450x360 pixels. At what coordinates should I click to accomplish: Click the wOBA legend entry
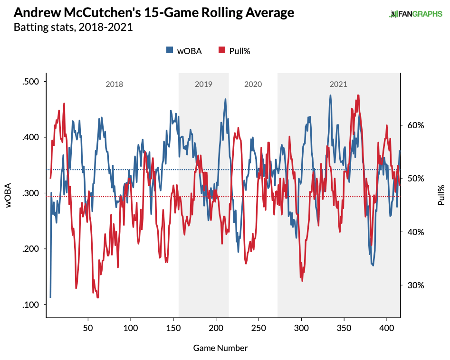pos(184,51)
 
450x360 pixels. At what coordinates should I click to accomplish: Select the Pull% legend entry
pos(234,51)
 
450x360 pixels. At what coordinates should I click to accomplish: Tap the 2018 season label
pos(114,85)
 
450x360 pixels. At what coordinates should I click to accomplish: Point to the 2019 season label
pos(203,85)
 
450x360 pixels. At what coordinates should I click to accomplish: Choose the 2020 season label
pos(253,85)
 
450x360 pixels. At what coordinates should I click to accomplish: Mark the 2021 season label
pos(338,85)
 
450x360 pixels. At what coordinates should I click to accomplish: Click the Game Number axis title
pos(220,348)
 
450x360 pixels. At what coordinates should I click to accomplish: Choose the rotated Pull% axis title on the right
pos(441,195)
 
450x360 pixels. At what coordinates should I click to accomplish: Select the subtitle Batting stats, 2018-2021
pos(73,28)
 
